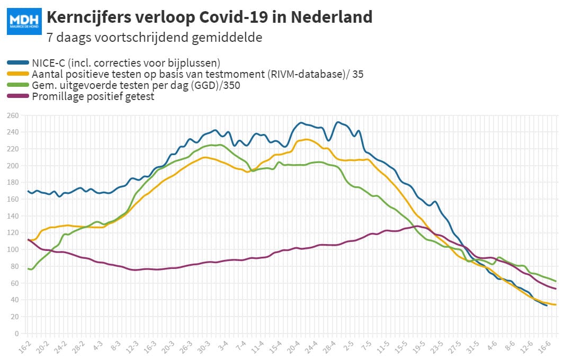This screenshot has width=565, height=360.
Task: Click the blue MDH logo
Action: [24, 21]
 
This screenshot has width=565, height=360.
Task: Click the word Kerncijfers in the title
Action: [89, 17]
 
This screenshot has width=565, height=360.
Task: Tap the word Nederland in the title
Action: [331, 17]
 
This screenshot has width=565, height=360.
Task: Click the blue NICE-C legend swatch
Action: [18, 62]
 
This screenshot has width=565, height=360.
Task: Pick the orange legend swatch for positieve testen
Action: [18, 74]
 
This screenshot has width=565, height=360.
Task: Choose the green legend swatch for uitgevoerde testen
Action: [18, 85]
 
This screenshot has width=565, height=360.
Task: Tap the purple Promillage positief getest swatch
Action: [18, 96]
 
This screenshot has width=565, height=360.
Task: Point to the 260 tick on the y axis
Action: [13, 115]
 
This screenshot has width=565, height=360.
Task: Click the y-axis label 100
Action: [13, 249]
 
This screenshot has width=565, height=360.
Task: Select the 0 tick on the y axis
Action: [16, 334]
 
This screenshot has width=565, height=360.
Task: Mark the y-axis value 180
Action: [13, 182]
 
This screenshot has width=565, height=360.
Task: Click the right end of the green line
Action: [555, 281]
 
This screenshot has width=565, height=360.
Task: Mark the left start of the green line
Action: [28, 269]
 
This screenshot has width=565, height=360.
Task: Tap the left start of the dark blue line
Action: [28, 191]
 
